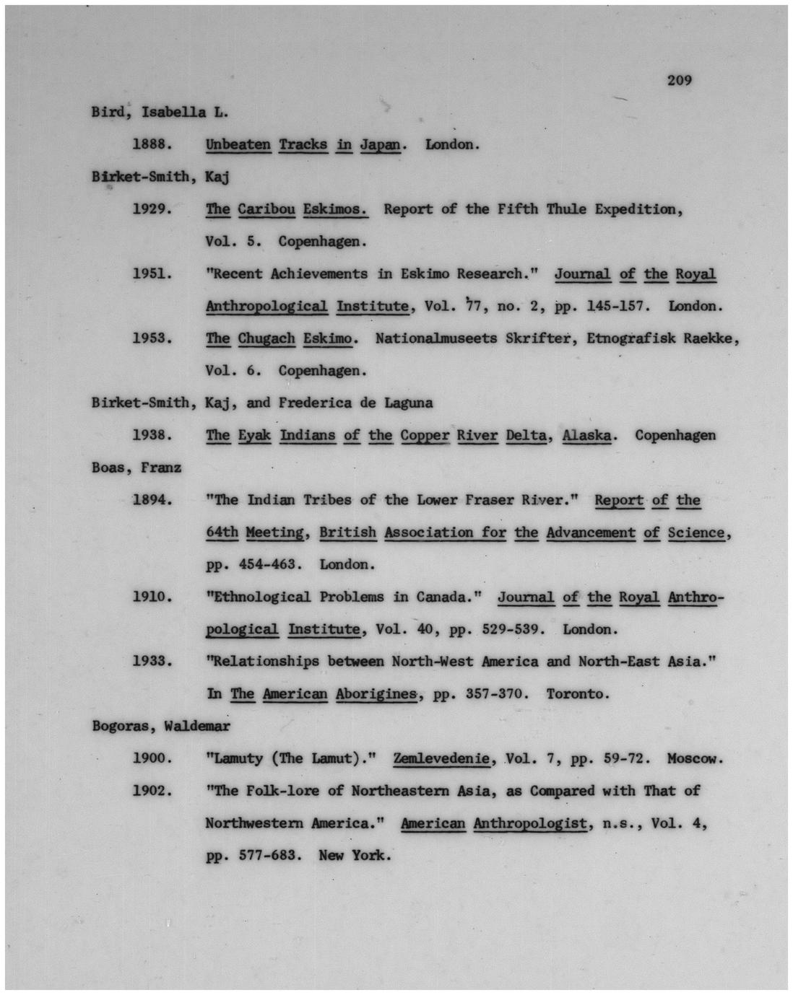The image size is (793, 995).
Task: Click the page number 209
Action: [679, 80]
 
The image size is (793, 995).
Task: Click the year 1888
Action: [152, 144]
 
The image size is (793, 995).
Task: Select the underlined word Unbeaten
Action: [238, 144]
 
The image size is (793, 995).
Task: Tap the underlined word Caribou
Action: [266, 209]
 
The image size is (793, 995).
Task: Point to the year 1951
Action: [152, 273]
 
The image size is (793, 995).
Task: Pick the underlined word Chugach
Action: [266, 338]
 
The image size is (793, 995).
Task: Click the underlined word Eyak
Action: [255, 435]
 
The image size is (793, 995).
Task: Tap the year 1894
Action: [152, 500]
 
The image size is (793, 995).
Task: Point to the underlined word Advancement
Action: [591, 532]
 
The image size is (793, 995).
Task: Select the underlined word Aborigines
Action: [376, 694]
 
